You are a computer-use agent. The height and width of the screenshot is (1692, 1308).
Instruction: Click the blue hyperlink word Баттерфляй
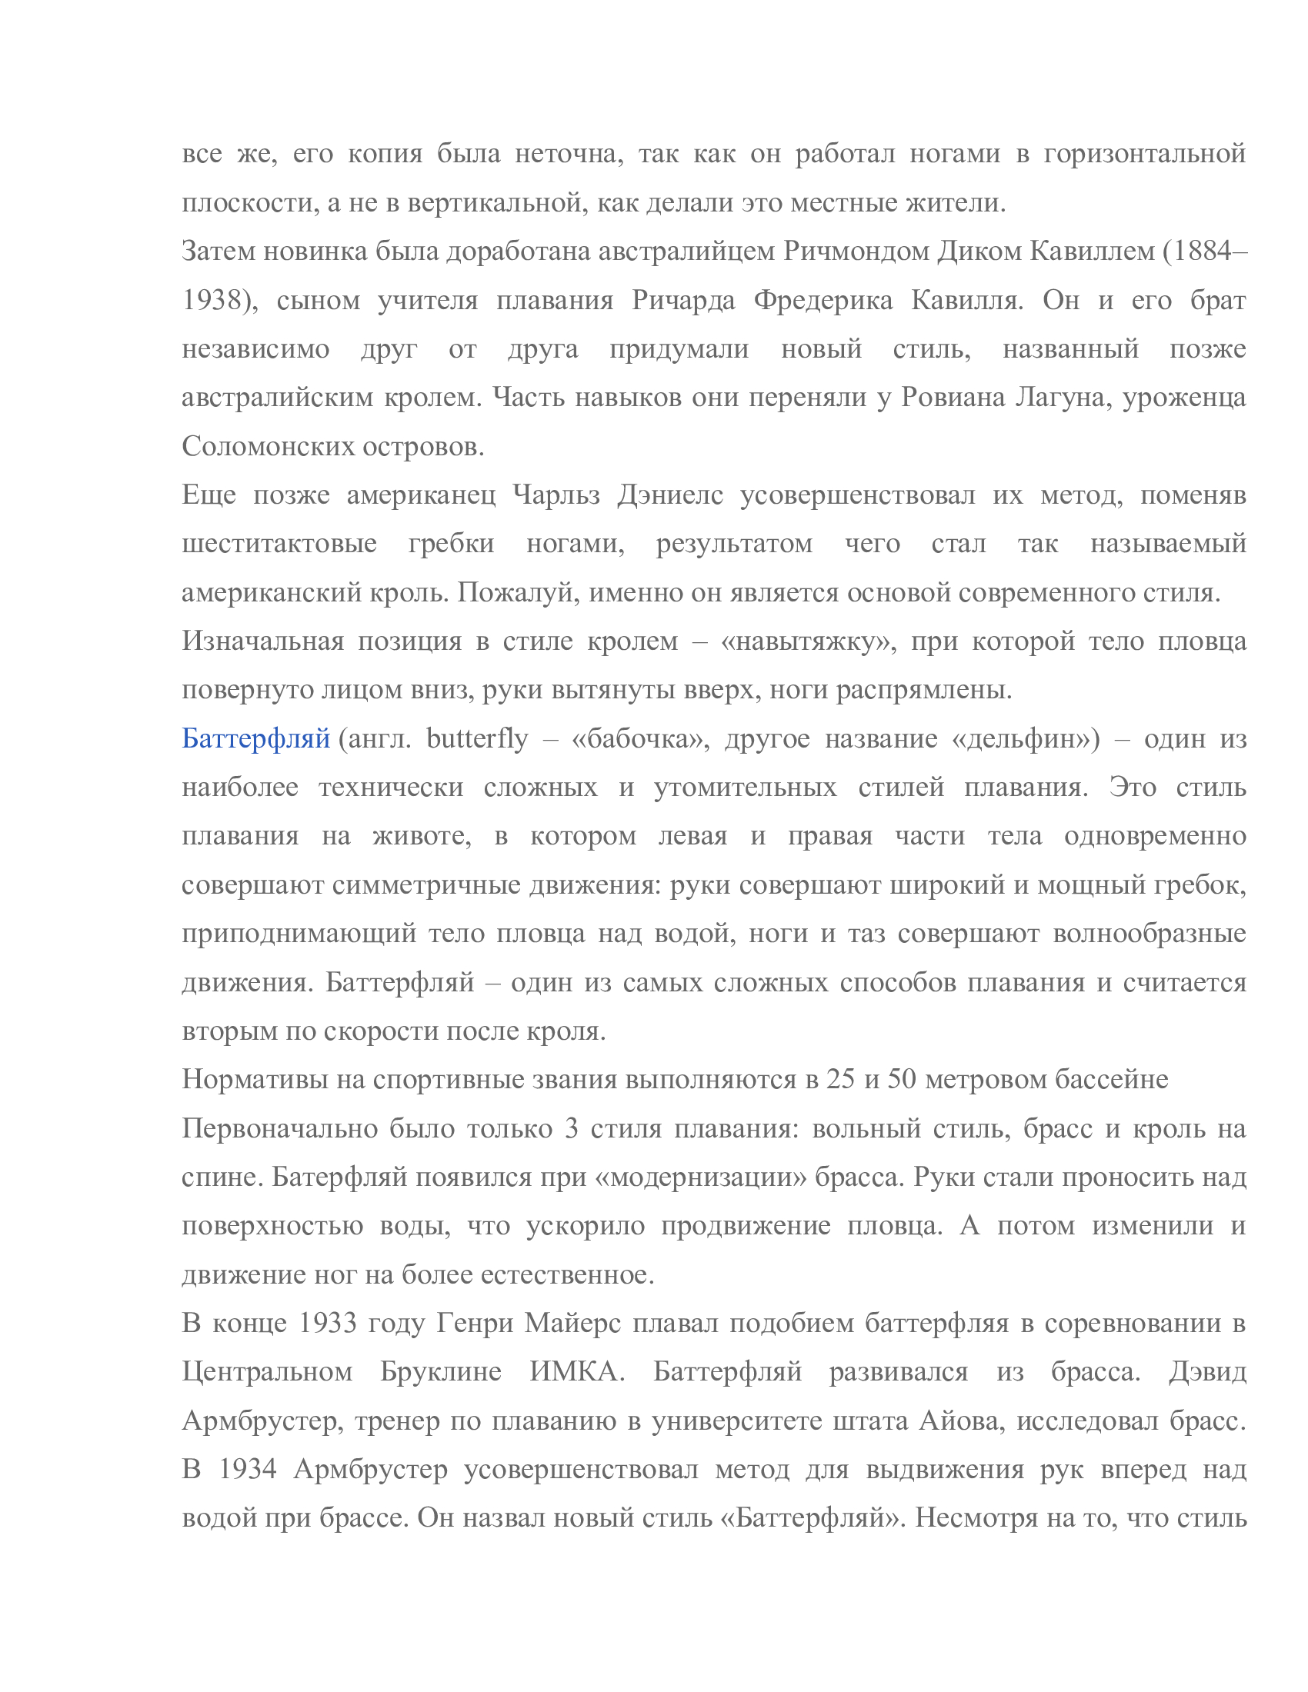(255, 738)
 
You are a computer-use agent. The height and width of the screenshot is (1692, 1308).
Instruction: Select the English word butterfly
(476, 738)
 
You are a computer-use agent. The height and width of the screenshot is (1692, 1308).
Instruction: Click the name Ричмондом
(856, 251)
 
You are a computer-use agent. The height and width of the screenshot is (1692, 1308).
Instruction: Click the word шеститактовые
(279, 543)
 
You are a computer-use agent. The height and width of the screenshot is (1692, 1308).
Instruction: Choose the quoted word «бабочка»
(639, 738)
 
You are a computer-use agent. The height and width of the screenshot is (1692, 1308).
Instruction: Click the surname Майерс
(572, 1324)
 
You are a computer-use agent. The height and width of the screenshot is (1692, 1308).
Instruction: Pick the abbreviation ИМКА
(576, 1372)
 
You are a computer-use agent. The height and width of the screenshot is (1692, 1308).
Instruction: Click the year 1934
(248, 1470)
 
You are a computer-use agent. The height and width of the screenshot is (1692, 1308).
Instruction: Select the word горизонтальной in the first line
(1145, 154)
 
